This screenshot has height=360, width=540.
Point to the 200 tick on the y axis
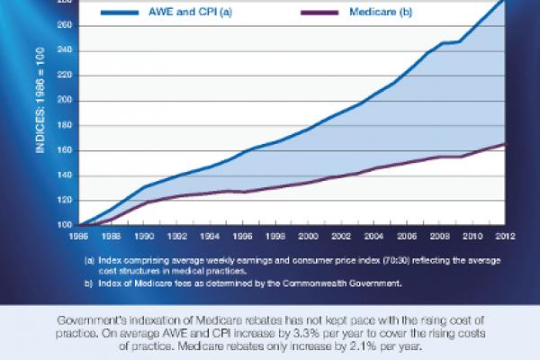pos(64,100)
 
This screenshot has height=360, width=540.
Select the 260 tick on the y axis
pos(64,25)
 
